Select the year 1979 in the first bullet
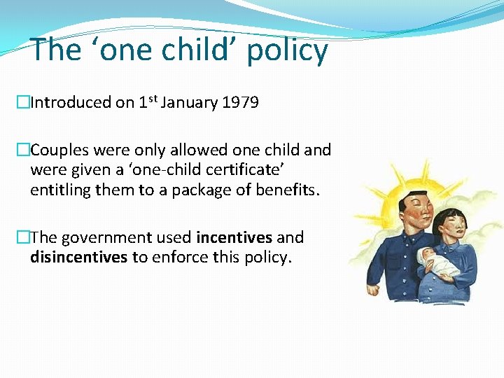[x=240, y=103]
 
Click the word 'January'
[x=188, y=103]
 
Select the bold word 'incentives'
[x=234, y=238]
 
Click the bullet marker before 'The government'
[x=24, y=238]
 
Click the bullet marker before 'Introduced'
[x=24, y=103]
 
